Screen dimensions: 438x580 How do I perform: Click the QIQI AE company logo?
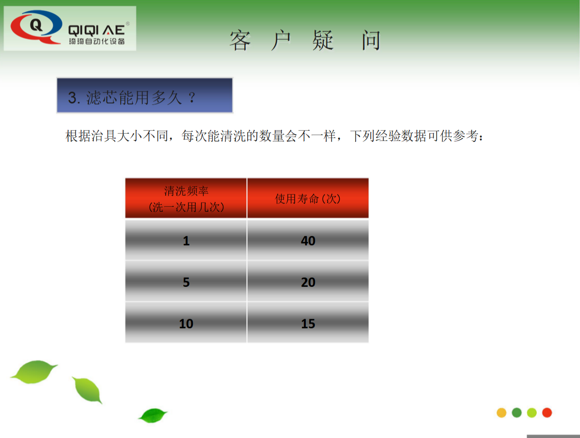[x=70, y=29]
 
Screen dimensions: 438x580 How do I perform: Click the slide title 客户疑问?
[x=305, y=41]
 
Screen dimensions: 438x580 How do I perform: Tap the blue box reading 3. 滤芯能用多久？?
[x=144, y=96]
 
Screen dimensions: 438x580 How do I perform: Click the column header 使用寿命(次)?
[x=308, y=198]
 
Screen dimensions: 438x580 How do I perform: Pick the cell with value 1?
[x=186, y=240]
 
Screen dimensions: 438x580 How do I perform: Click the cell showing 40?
[x=308, y=240]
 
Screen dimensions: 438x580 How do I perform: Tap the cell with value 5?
[x=186, y=282]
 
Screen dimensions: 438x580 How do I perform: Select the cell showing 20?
[x=308, y=282]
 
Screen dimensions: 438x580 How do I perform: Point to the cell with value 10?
[x=186, y=323]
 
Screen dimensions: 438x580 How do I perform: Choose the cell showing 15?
[x=308, y=323]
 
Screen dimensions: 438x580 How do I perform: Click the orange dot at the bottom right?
[x=502, y=413]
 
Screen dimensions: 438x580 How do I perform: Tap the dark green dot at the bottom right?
[x=517, y=413]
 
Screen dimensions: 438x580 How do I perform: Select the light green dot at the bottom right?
[x=532, y=413]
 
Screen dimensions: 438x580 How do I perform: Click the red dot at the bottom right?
[x=547, y=413]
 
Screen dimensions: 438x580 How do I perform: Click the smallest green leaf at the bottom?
[x=152, y=415]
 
